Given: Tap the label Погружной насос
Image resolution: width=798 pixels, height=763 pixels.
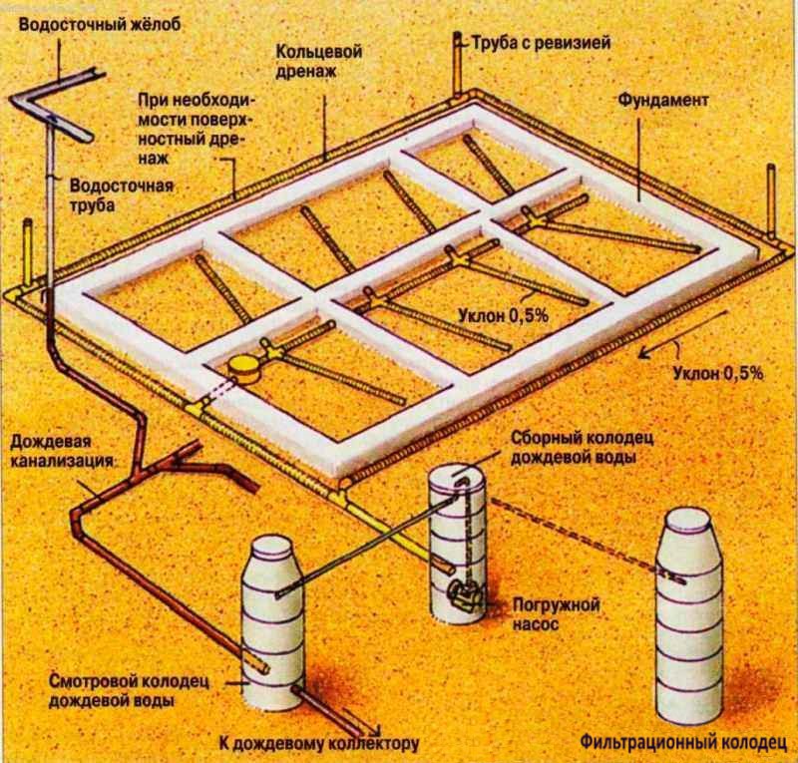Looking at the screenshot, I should coord(545,611).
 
